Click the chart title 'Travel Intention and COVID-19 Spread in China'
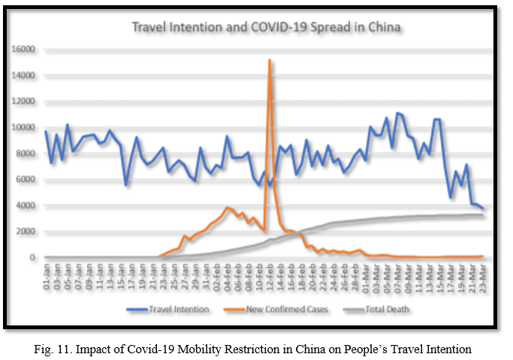(267, 28)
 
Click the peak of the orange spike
(269, 60)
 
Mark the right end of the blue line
(484, 210)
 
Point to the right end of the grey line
(484, 215)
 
